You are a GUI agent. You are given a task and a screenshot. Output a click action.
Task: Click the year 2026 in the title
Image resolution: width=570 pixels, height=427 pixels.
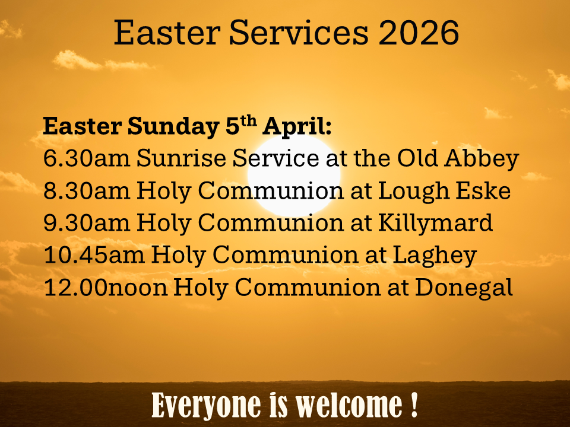[x=419, y=33]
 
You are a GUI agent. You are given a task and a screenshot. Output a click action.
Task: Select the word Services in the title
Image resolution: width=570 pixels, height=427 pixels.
[x=299, y=33]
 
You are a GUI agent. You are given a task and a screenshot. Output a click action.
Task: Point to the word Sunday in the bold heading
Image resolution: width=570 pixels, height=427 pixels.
[x=173, y=127]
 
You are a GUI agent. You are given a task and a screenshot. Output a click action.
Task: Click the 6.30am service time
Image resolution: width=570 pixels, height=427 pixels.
[x=87, y=158]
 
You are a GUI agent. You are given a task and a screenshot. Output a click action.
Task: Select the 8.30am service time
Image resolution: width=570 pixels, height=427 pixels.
[x=87, y=190]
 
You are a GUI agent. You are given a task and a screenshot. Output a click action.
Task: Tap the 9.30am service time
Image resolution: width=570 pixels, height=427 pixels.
[x=87, y=222]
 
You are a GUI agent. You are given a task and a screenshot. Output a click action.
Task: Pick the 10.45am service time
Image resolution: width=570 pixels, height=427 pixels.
[x=94, y=254]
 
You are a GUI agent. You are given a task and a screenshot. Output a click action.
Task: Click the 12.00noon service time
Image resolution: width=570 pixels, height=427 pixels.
[x=106, y=287]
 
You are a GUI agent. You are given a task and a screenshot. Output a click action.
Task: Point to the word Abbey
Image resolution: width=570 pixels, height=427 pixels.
[x=482, y=160]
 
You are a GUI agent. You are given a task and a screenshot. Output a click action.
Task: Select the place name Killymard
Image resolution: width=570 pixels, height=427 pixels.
[x=435, y=223]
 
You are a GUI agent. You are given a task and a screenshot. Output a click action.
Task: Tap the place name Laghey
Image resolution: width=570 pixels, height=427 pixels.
[x=435, y=256]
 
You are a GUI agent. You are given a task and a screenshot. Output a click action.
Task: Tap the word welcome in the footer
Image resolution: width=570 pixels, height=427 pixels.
[x=349, y=405]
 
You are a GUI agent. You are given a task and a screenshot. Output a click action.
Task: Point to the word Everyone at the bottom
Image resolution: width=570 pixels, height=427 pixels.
[x=207, y=406]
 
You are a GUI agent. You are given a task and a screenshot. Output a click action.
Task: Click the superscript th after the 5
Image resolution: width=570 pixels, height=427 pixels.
[x=249, y=122]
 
